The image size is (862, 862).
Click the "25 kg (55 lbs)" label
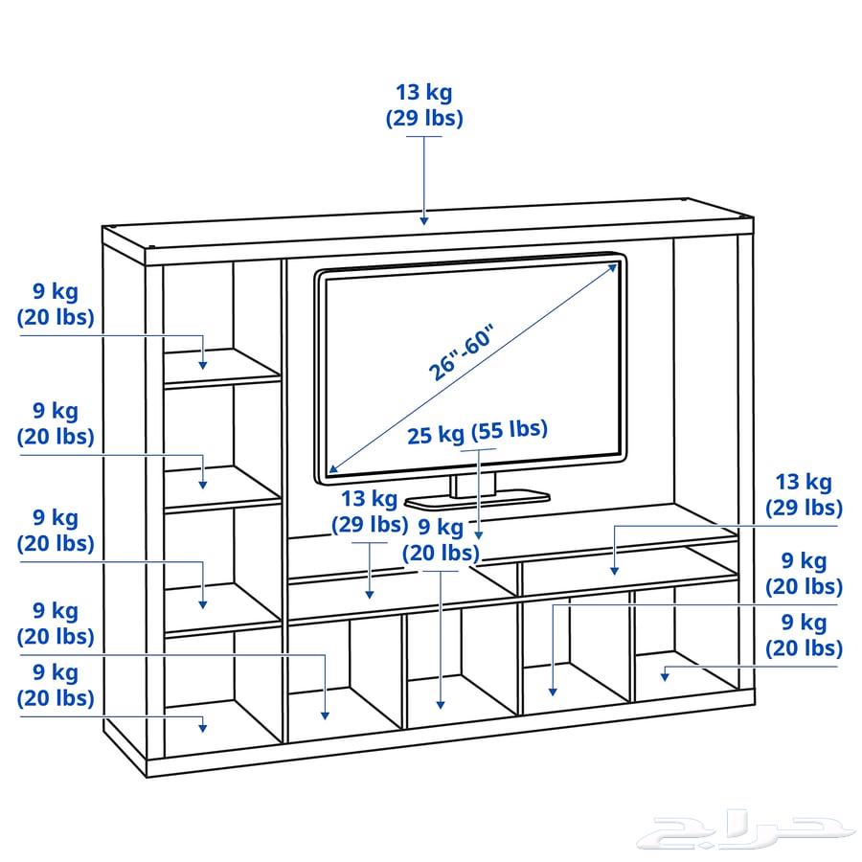477,432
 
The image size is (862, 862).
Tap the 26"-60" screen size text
462,352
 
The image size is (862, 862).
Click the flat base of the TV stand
477,499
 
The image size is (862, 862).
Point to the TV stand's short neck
473,485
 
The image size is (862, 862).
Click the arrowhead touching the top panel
424,220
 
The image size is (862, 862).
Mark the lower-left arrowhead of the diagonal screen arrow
333,468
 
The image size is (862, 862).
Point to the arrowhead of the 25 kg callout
479,534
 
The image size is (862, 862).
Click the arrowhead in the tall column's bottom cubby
203,728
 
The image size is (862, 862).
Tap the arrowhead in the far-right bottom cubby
665,677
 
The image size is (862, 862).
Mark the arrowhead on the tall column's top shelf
203,365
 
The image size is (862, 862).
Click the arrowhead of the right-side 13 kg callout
615,571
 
